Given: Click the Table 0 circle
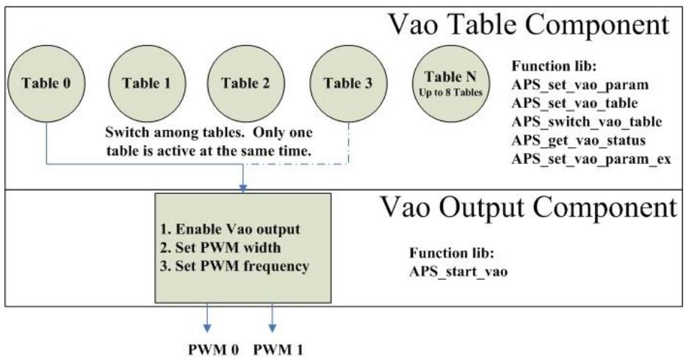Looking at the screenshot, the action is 46,83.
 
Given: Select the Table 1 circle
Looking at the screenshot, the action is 147,83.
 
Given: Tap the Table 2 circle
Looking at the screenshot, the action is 246,83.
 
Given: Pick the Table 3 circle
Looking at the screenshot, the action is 348,83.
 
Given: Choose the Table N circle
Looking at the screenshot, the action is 451,83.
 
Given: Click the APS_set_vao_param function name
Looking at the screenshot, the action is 580,85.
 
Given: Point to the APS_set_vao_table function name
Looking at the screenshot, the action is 575,104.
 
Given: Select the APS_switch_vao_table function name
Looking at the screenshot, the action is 587,122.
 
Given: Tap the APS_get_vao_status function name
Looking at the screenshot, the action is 578,140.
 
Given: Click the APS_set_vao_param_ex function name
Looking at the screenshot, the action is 591,159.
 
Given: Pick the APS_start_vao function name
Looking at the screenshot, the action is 458,272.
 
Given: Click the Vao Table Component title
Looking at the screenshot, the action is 529,25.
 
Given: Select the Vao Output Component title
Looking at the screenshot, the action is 529,207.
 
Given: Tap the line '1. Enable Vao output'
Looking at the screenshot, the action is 230,229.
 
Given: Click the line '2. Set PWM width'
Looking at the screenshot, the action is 220,248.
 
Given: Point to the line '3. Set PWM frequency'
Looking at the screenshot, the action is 234,267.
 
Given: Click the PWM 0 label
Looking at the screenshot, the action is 214,350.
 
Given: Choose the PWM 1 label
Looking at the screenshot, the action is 278,350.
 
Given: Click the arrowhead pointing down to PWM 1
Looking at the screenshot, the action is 272,328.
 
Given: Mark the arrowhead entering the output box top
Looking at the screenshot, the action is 243,189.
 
